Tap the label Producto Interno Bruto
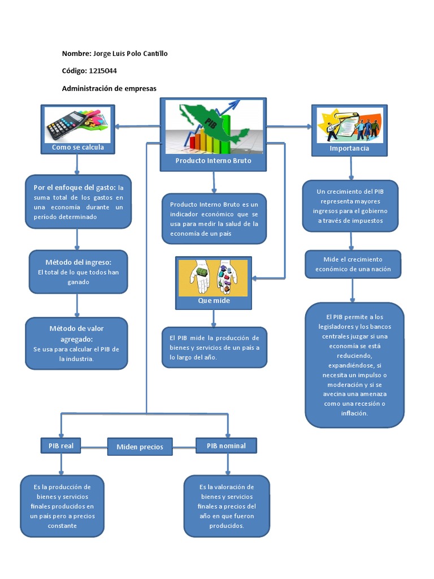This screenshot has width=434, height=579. pos(213,161)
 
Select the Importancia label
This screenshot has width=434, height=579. pos(349,148)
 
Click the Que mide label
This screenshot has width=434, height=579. pos(214,301)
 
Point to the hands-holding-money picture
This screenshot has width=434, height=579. pos(213,277)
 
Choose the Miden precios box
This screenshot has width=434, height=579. pos(140,447)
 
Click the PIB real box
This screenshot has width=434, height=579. pos(61,446)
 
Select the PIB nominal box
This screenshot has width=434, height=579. pos(226,446)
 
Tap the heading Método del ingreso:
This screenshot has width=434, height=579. pos(78,262)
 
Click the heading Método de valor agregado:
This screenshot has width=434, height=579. pos(76,334)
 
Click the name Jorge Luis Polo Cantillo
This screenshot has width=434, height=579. pos(130,54)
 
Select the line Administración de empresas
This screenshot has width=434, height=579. pos(109,89)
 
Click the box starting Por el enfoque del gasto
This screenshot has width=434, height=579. pos(78,202)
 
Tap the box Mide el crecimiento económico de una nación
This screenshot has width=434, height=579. pos(353,264)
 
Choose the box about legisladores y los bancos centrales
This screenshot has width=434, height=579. pos(354,365)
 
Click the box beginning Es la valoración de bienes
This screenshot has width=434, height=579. pos(227,505)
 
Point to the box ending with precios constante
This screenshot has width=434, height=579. pos(62,505)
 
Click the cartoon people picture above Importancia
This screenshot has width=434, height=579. pos(349,125)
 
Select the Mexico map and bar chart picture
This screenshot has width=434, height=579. pos(213,127)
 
